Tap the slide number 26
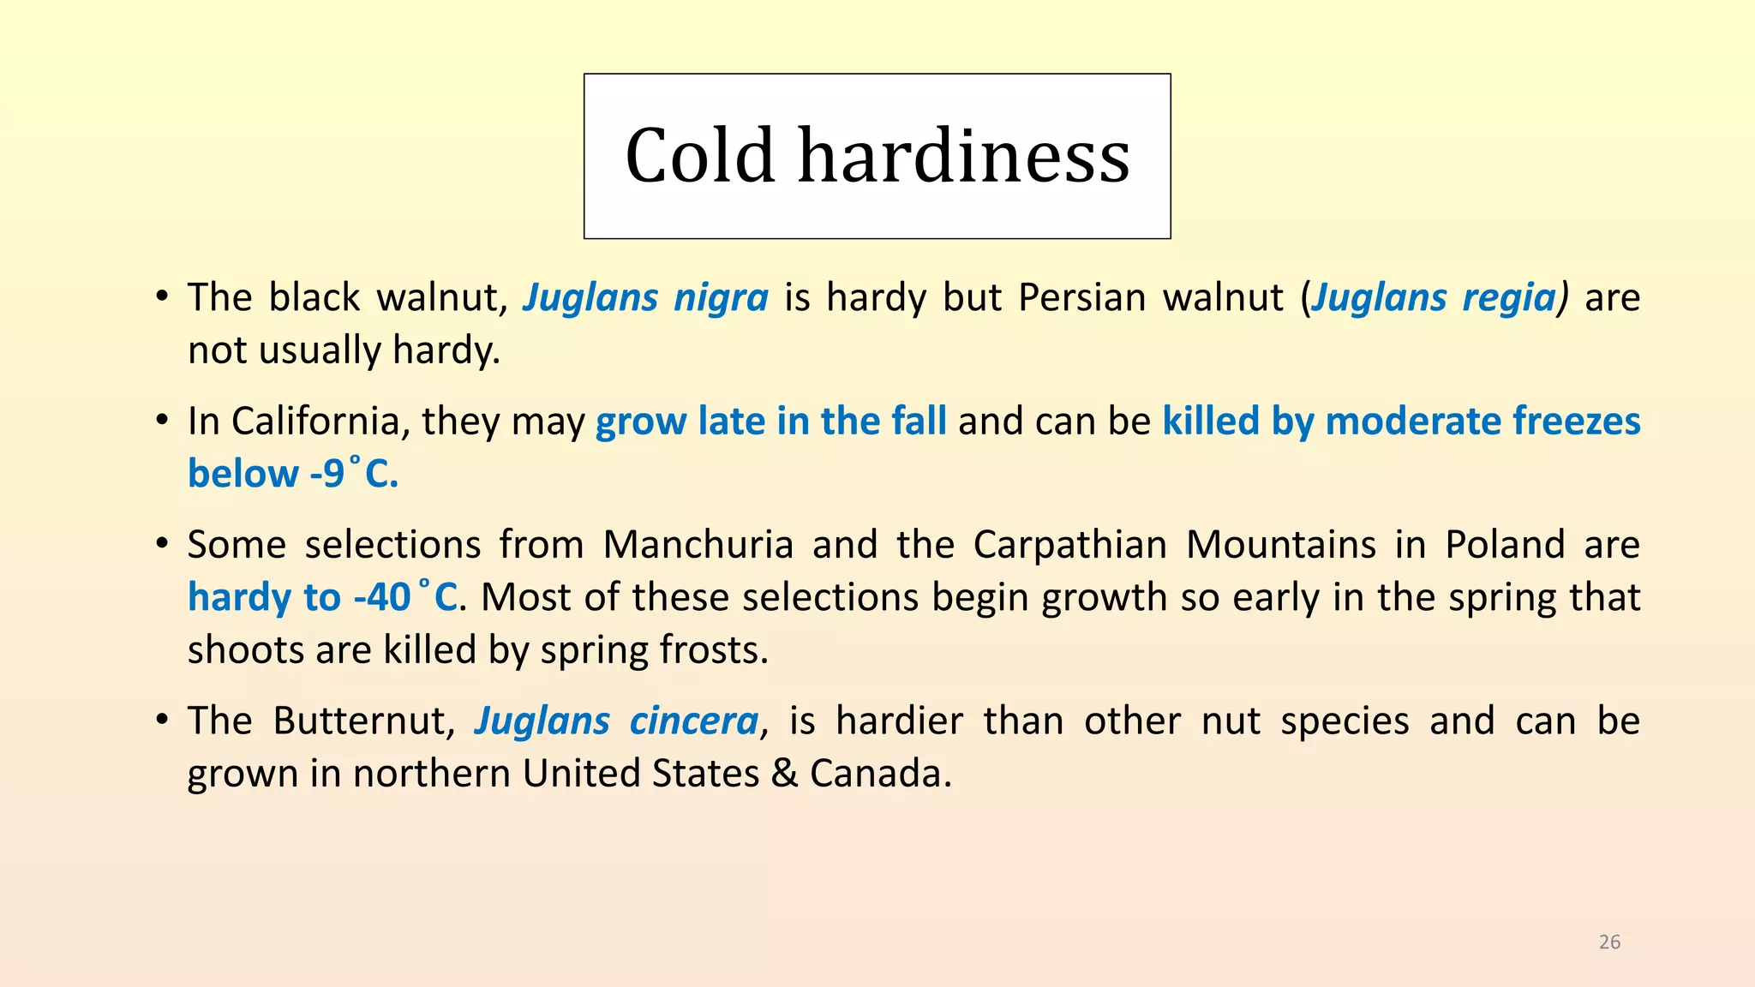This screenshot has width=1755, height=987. (1609, 942)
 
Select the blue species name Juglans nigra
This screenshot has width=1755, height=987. (646, 298)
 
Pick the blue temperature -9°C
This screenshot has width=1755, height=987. (355, 474)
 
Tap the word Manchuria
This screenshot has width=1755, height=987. (698, 545)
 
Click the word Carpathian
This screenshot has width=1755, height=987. (1070, 545)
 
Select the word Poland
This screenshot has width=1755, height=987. (1506, 545)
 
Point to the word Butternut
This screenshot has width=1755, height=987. (363, 721)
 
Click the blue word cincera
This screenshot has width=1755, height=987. (694, 721)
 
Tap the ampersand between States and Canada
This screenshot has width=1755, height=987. (784, 774)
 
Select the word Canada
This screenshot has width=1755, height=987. (881, 774)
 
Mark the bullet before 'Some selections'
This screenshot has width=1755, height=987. (161, 545)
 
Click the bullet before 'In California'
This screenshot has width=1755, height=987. (161, 422)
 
